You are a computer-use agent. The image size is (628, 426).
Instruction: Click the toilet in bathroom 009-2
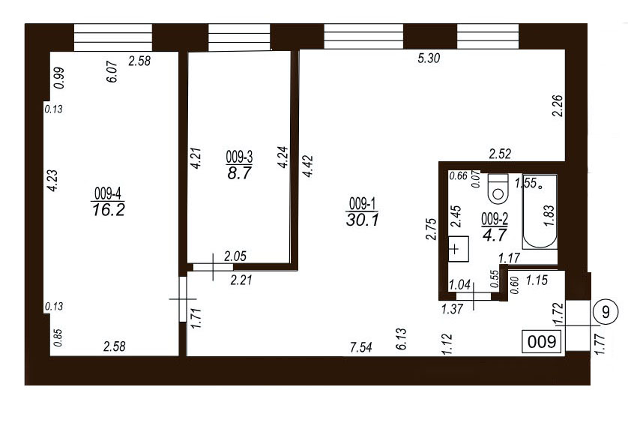pos(498,189)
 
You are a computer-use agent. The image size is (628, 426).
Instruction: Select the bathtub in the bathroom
pos(540,211)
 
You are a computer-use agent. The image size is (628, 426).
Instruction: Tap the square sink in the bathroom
pos(458,249)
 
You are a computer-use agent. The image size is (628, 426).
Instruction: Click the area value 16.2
pos(109,209)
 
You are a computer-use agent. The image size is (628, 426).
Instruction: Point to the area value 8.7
pos(239,173)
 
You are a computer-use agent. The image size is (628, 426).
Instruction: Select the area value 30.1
pos(362,220)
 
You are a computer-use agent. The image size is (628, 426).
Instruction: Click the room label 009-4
pos(108,194)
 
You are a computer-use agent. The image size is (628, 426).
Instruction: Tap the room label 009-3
pos(239,157)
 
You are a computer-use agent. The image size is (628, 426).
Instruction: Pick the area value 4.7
pos(495,235)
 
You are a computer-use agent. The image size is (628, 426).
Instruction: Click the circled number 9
pos(606,311)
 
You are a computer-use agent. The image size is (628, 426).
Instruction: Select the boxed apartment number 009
pos(542,342)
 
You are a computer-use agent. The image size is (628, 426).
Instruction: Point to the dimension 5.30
pos(429,58)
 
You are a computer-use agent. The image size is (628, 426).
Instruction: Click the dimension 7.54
pos(361,347)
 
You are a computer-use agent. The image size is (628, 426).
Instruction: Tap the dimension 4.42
pos(308,166)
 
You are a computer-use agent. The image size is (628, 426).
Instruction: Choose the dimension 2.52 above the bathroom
pos(500,154)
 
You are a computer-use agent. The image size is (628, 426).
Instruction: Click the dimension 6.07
pos(112,72)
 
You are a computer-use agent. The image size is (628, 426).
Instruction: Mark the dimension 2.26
pos(557,106)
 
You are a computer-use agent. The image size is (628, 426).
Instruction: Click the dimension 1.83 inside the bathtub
pos(549,215)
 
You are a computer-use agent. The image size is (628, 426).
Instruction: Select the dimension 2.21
pos(241,279)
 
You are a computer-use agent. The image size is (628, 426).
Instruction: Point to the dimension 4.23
pos(52,181)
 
